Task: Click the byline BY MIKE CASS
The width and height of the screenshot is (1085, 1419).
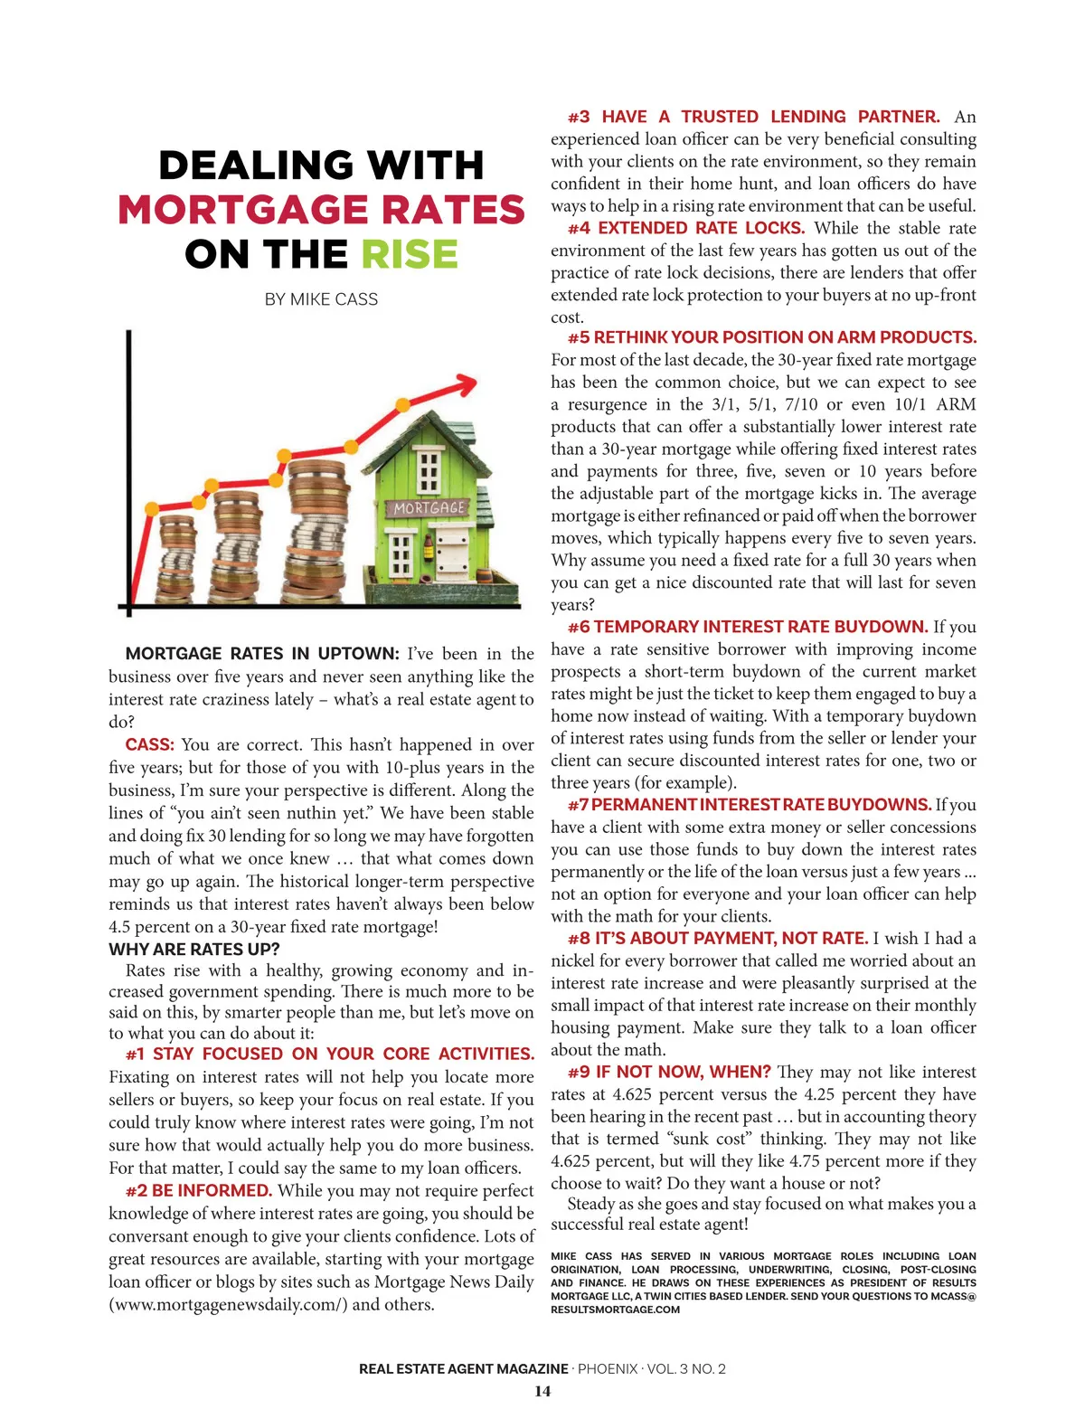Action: tap(321, 299)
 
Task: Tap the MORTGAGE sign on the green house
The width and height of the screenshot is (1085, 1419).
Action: tap(429, 508)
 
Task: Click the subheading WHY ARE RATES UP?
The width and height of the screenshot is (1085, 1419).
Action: tap(194, 949)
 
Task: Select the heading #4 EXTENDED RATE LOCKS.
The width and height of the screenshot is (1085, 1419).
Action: tap(686, 228)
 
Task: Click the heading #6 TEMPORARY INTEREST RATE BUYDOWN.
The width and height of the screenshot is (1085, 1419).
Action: tap(748, 627)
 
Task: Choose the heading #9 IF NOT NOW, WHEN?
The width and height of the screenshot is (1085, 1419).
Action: tap(669, 1072)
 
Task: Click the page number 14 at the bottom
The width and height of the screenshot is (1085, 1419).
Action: tap(542, 1391)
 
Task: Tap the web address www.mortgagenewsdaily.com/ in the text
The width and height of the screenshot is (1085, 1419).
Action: tap(228, 1304)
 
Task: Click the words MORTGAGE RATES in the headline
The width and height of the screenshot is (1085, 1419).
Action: tap(321, 210)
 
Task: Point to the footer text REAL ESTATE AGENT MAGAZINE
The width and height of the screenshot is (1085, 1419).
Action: tap(464, 1368)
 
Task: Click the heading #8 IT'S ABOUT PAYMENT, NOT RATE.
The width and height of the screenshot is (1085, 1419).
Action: tap(718, 938)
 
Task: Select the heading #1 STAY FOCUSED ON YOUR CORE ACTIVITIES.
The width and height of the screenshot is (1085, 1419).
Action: tap(330, 1054)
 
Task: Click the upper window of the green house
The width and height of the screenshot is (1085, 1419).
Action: tap(429, 469)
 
